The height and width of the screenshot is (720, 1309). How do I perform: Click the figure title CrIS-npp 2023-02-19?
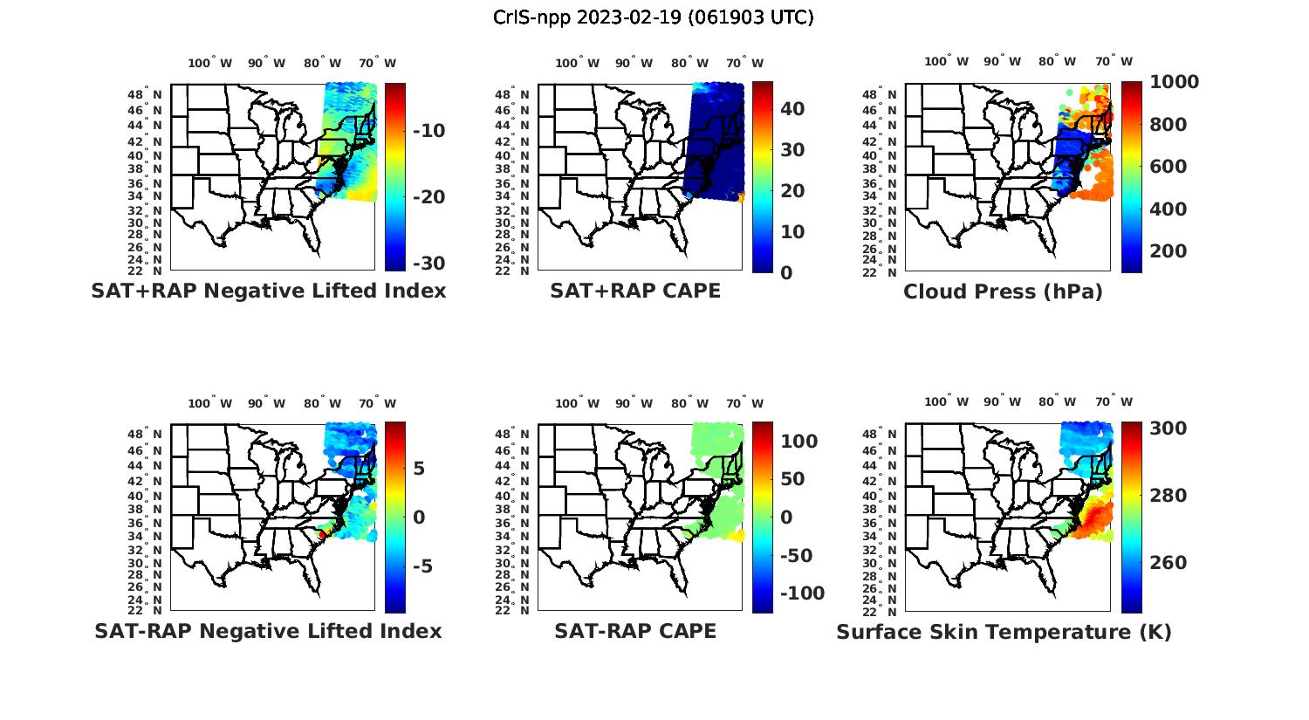point(653,17)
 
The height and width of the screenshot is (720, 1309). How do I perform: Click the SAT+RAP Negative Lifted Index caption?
point(268,291)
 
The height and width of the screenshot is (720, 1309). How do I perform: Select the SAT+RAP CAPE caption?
point(635,291)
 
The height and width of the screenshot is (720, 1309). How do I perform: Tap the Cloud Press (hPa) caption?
point(1003,291)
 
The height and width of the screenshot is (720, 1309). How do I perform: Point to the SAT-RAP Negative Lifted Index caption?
point(268,631)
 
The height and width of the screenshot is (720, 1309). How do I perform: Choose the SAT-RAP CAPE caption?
point(635,631)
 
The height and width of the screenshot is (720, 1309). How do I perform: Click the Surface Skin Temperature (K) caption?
point(1004,632)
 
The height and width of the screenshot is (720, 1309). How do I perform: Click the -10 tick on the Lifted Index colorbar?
point(428,131)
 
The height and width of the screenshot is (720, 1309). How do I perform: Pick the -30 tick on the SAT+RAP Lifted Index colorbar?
point(428,264)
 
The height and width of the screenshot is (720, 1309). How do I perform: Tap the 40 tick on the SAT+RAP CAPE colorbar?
point(792,108)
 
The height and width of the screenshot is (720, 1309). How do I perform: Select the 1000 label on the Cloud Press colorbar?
point(1174,82)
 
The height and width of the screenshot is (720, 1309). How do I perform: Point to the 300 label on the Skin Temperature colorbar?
point(1168,428)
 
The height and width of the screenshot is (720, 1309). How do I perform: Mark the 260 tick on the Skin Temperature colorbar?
point(1168,562)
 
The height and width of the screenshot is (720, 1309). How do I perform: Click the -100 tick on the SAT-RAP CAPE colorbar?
point(800,593)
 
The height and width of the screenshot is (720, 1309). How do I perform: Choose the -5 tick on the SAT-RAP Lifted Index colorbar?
point(422,566)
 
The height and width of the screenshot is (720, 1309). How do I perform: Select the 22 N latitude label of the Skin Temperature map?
point(881,610)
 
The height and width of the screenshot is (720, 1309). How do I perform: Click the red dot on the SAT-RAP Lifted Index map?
point(322,534)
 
